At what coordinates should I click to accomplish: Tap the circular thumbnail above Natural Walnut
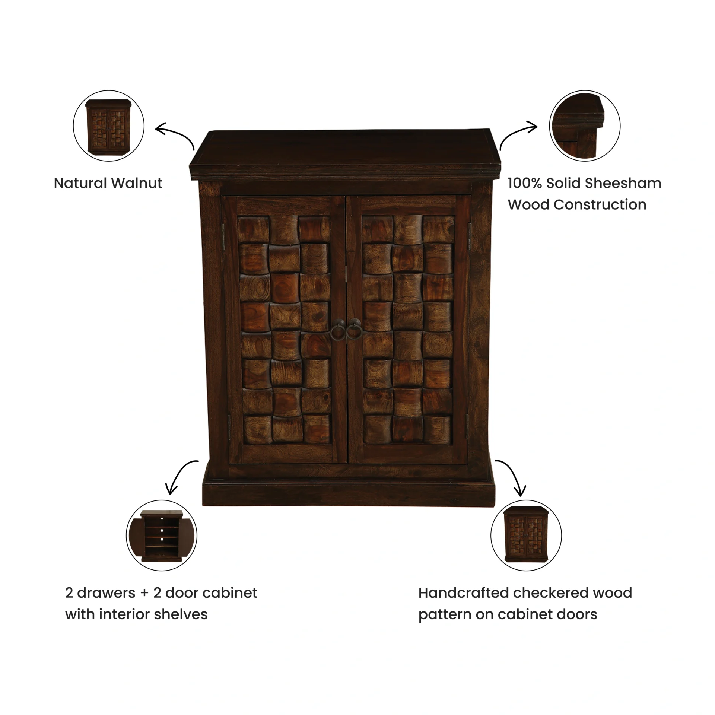pos(108,126)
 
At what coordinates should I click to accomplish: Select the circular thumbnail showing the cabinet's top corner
pos(585,126)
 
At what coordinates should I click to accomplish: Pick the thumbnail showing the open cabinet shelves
pos(162,535)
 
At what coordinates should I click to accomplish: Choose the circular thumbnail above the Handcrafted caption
pos(526,535)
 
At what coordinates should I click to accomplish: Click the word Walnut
pos(137,183)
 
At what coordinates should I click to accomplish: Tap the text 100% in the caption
pos(525,183)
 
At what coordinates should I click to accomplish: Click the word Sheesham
pos(623,183)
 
